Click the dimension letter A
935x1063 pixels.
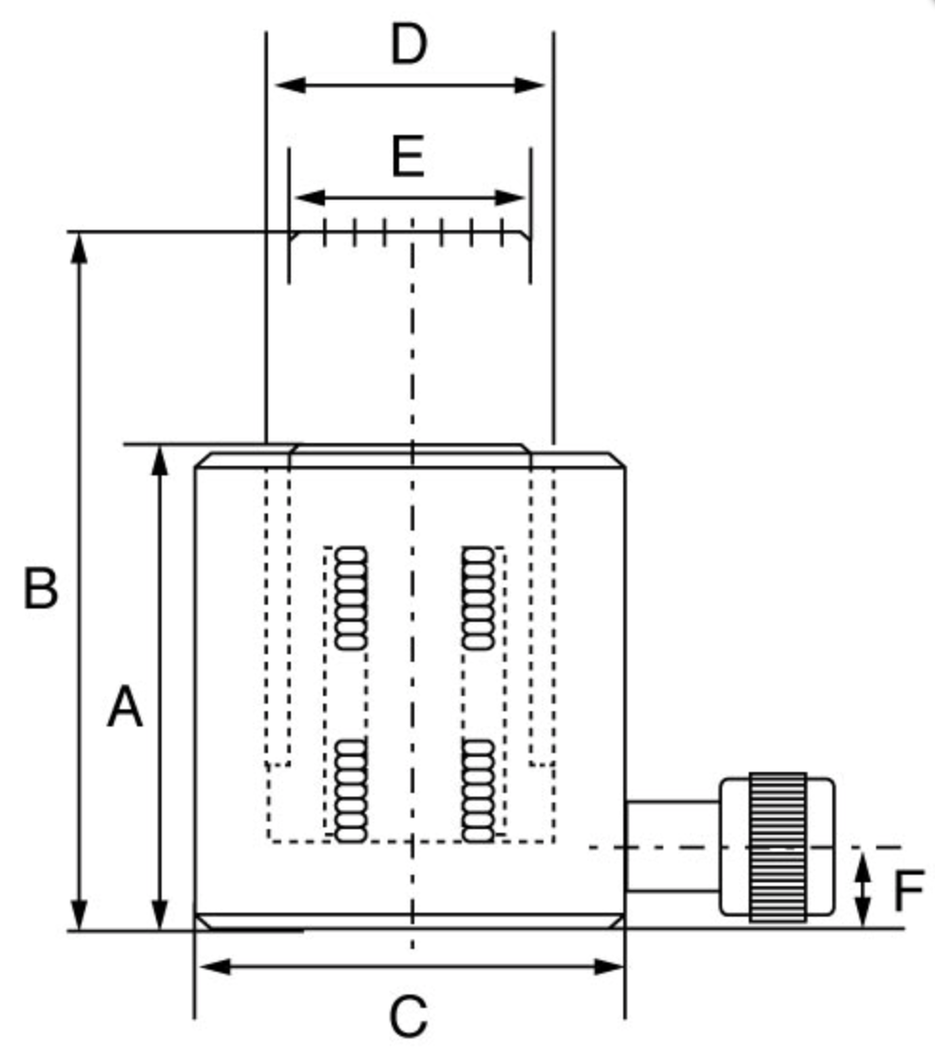[124, 707]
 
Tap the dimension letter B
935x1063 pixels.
[40, 589]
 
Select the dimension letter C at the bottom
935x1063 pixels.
[409, 1018]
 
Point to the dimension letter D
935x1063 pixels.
[409, 45]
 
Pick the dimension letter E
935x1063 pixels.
[408, 158]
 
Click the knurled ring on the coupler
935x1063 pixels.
[777, 847]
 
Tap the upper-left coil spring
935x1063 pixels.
[351, 598]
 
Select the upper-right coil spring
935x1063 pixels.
[477, 598]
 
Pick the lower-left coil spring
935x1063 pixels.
[351, 790]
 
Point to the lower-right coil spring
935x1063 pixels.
[477, 790]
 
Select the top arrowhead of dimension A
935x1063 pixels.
[161, 459]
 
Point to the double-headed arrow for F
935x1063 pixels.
[862, 889]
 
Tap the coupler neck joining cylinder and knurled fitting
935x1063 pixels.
[672, 847]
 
